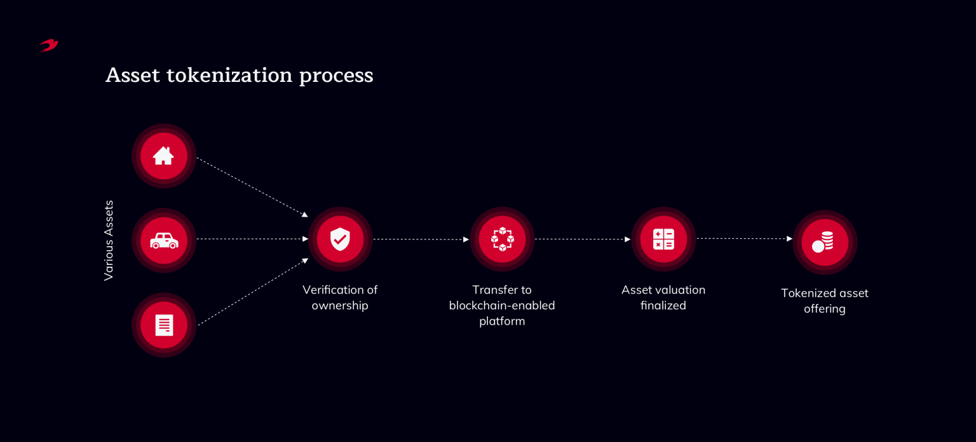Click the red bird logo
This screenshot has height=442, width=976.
[x=49, y=45]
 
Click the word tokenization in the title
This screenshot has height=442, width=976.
[x=229, y=75]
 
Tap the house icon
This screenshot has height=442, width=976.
[x=163, y=156]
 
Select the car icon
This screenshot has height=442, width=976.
[x=164, y=240]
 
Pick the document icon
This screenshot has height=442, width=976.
[x=164, y=325]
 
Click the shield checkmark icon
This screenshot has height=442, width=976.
[x=340, y=239]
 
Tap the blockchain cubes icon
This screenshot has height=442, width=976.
[x=502, y=239]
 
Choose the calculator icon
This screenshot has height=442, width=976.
[x=663, y=239]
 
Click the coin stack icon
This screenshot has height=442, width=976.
[x=824, y=242]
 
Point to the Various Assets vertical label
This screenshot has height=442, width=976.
[x=109, y=240]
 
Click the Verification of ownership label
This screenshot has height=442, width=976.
[x=340, y=297]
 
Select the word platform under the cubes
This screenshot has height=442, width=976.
[x=502, y=321]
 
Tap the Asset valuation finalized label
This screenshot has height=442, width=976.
[x=663, y=297]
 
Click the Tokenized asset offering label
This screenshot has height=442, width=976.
[x=824, y=300]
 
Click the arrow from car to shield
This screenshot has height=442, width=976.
[x=252, y=239]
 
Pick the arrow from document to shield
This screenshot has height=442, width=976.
[x=252, y=292]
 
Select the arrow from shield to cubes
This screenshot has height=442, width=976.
[x=421, y=239]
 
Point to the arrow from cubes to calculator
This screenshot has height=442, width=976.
[x=582, y=239]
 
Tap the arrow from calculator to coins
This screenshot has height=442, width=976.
[x=744, y=239]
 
